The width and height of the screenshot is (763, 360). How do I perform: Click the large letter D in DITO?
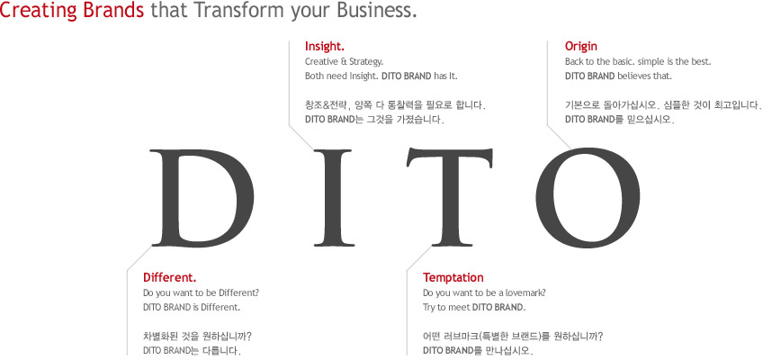[202, 197]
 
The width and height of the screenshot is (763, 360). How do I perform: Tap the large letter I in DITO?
[333, 197]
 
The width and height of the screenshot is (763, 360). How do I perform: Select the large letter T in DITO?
[450, 197]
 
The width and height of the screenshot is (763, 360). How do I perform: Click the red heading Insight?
[325, 46]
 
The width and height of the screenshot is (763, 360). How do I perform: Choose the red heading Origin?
[581, 47]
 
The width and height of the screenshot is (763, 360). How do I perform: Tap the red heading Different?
[170, 277]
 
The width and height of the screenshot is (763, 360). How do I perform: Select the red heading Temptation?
[453, 278]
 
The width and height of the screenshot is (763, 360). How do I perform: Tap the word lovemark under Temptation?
[528, 293]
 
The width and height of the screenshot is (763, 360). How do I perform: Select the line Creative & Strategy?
[345, 62]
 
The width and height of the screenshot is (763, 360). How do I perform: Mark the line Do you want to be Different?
[201, 293]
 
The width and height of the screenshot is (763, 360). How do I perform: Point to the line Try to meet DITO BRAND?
[474, 308]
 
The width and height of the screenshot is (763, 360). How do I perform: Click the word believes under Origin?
[633, 76]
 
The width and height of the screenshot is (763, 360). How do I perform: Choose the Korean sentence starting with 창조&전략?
[395, 105]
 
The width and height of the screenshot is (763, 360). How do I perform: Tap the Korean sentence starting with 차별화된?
[198, 336]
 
